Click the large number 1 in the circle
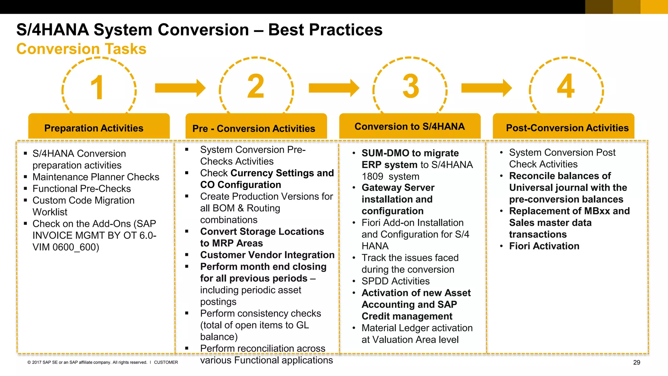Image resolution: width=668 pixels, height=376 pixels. pos(97,87)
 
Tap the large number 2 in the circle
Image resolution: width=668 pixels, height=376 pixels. pos(256,86)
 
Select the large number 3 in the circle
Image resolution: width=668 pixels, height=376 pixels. pos(411,86)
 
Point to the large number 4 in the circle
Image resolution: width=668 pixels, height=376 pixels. pos(566,86)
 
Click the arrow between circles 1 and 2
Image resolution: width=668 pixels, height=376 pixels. pos(180,88)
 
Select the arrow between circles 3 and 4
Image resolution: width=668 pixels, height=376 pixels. pos(486,88)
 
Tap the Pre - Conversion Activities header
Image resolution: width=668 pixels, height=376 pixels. pos(254,128)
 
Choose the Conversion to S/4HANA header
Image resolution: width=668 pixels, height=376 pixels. pos(410,126)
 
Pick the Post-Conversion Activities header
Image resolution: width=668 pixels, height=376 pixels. pos(567,128)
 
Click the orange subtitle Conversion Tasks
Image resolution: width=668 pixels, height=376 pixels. pos(82,49)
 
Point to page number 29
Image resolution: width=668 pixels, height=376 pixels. pos(636,362)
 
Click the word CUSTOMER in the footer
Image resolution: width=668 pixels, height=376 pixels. pos(166,362)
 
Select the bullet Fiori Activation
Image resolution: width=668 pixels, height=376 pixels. pos(544,246)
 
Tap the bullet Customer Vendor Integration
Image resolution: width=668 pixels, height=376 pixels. pos(267,255)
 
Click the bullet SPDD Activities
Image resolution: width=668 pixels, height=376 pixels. pos(395,281)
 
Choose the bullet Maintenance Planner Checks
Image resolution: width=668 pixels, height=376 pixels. pos(96,177)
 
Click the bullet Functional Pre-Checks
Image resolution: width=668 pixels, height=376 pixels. pos(82,189)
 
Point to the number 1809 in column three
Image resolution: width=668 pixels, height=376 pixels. pos(372,177)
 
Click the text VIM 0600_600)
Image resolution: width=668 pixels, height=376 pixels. pos(66,247)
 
